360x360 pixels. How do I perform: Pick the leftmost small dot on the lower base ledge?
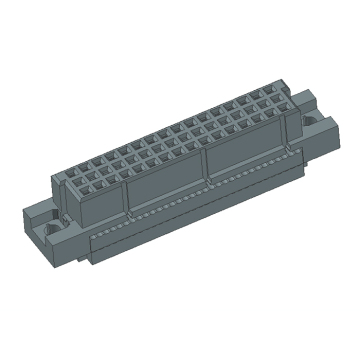[96, 236]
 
